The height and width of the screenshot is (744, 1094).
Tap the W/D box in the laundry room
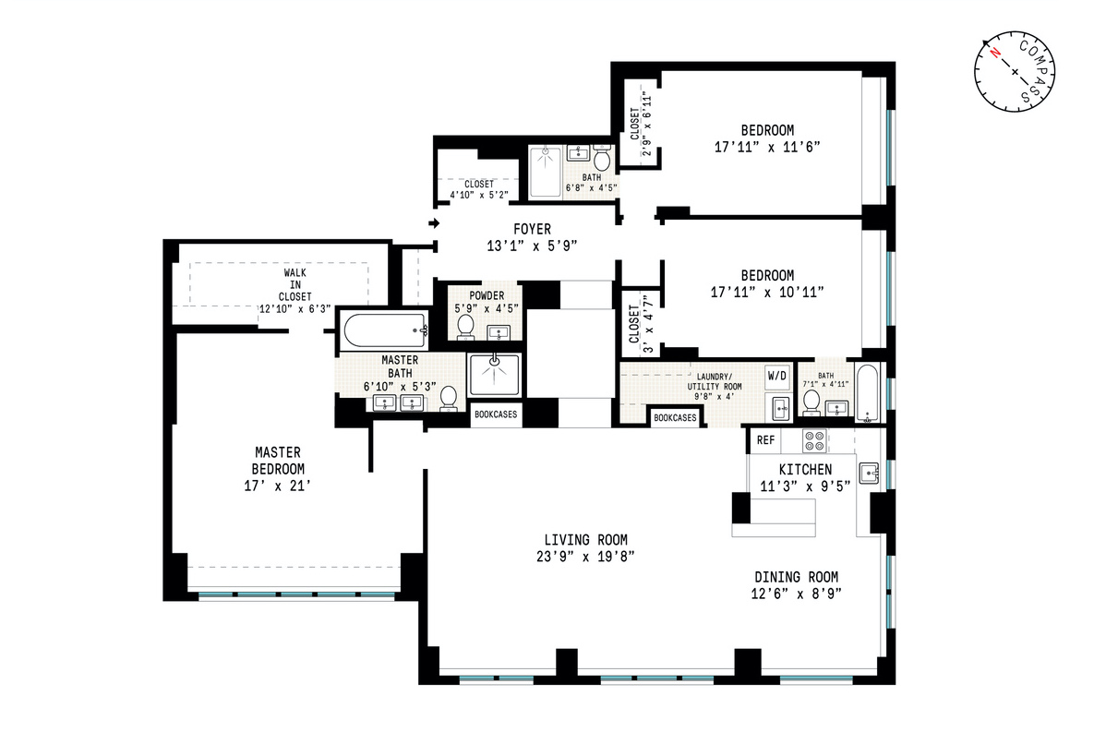[777, 377]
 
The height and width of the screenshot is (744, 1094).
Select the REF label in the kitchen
[765, 441]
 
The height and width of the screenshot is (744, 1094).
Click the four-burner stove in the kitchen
[813, 441]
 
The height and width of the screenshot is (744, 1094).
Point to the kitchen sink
[868, 474]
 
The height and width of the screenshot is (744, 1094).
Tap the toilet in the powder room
[465, 326]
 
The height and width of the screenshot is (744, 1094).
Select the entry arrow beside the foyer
[434, 222]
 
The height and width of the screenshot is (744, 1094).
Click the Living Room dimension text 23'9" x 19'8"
[585, 556]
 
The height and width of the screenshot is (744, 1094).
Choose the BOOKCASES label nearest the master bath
[496, 415]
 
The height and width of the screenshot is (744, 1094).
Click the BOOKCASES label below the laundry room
[675, 418]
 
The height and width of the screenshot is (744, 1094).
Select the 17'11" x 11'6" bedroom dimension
[767, 147]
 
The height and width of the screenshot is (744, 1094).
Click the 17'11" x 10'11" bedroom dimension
[768, 292]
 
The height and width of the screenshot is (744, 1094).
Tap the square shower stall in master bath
[495, 374]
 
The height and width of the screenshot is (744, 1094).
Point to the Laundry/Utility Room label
[713, 382]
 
